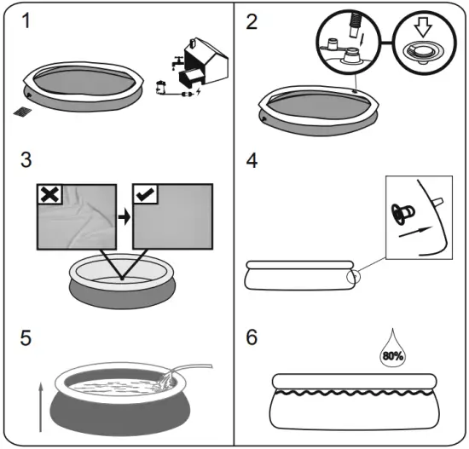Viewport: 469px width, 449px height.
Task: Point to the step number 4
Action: (x=252, y=159)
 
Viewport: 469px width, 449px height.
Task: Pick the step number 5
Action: (x=27, y=336)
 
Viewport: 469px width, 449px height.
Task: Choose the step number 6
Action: (x=252, y=336)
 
